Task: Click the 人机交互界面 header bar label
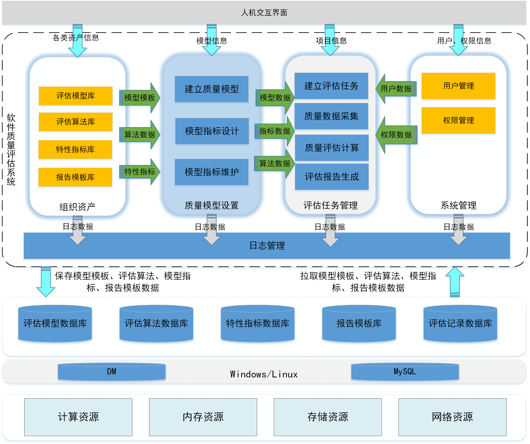(x=264, y=13)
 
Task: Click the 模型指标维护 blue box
(x=212, y=172)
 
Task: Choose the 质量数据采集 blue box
(x=331, y=116)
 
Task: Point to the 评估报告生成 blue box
(x=332, y=177)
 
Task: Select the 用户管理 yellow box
(x=458, y=86)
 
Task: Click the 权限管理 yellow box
(x=458, y=120)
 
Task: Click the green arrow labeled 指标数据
(x=275, y=131)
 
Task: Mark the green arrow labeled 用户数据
(x=396, y=89)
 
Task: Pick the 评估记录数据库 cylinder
(x=460, y=324)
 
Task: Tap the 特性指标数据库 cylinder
(x=257, y=324)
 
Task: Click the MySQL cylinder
(x=405, y=372)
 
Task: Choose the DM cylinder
(x=112, y=372)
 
